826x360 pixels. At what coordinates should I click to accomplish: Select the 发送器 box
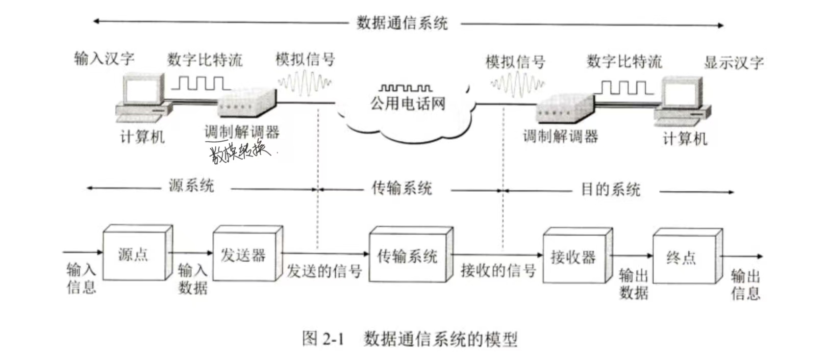click(x=245, y=254)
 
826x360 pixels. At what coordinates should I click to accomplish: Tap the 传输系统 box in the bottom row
click(x=408, y=255)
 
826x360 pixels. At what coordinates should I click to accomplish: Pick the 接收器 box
click(x=574, y=256)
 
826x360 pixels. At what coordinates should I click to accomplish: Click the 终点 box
click(x=684, y=257)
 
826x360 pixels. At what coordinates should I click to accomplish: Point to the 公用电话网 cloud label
click(x=408, y=104)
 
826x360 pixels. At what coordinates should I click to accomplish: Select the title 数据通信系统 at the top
click(x=402, y=23)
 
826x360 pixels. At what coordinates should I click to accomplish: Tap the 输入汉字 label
click(x=105, y=59)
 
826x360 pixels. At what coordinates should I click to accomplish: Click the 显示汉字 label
click(x=734, y=63)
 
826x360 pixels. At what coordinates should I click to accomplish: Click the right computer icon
click(x=682, y=102)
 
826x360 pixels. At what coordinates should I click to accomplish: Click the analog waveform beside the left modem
click(x=305, y=83)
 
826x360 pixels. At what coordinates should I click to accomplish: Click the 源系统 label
click(x=191, y=186)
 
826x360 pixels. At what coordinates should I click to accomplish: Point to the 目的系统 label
click(x=611, y=189)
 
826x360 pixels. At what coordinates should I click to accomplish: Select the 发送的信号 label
click(x=324, y=271)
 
